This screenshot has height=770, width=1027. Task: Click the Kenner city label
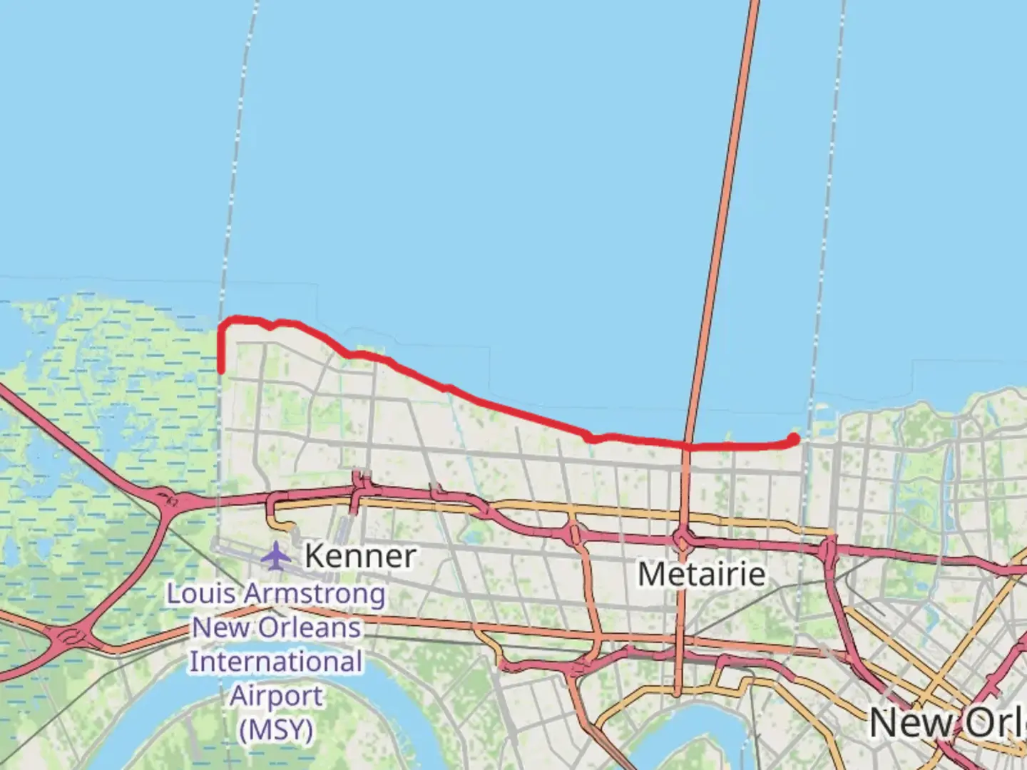pos(360,556)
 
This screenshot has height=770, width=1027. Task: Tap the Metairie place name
pos(702,574)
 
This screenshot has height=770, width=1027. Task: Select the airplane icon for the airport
pos(275,555)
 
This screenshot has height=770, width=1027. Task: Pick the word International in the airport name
pos(276,662)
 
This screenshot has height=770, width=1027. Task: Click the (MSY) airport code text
pos(276,730)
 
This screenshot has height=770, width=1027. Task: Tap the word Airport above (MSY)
pos(276,696)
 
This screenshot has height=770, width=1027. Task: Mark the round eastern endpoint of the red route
pos(794,438)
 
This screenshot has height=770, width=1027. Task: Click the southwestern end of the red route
pos(222,370)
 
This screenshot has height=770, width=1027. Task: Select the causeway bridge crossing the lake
pos(720,214)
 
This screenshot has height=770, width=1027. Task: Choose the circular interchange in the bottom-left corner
pos(69,637)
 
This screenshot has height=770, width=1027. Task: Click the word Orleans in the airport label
pos(310,628)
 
